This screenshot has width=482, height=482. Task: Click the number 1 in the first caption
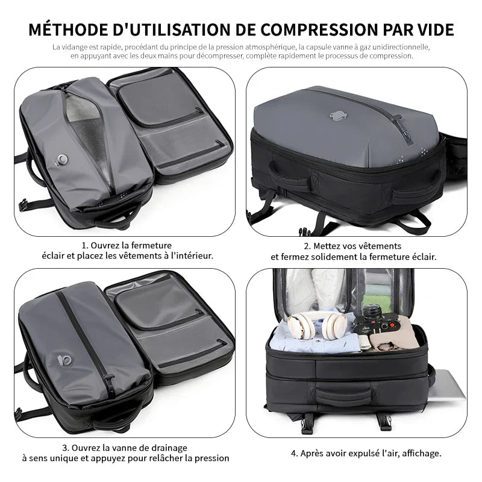[x=84, y=245]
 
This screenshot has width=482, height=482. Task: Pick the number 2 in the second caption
[x=307, y=246]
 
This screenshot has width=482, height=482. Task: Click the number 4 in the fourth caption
[x=295, y=452]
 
